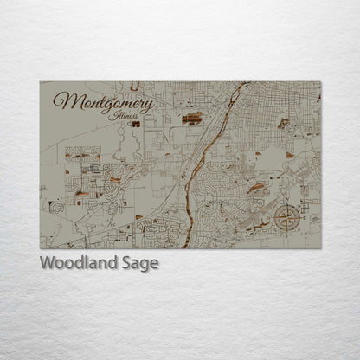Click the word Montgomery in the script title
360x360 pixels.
point(103,101)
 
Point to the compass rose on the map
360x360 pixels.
point(286,216)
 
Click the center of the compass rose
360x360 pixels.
point(286,216)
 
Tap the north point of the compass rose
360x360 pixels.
point(286,204)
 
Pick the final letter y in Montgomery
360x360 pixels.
point(150,105)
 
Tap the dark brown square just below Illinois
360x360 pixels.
point(136,124)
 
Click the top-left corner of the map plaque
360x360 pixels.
point(40,82)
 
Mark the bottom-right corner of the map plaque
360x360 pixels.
point(320,248)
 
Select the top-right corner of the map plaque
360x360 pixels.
point(320,82)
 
